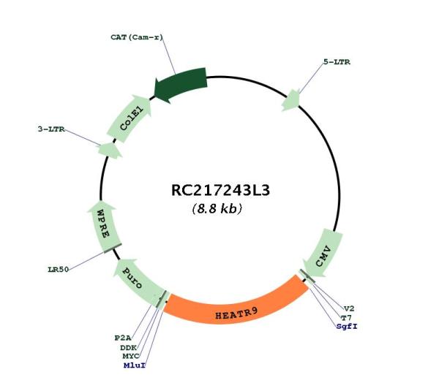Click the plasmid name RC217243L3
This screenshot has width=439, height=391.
click(220, 190)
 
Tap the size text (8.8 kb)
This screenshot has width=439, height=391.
click(217, 208)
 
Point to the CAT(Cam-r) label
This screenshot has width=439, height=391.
click(137, 37)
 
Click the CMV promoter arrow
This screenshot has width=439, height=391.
click(323, 254)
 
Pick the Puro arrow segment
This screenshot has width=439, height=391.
click(138, 281)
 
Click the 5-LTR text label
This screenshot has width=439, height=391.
click(337, 62)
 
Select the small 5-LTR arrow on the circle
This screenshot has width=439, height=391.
click(291, 101)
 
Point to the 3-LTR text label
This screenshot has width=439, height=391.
click(51, 129)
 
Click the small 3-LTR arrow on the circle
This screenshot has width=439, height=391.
click(110, 151)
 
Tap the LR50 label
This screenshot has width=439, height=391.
click(59, 270)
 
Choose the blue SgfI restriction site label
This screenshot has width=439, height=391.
click(347, 327)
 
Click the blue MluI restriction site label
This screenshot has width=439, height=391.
click(135, 365)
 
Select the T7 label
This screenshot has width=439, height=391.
click(346, 318)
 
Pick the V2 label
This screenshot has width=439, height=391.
click(349, 308)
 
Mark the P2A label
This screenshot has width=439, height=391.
click(123, 338)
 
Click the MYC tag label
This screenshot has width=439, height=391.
click(131, 357)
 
